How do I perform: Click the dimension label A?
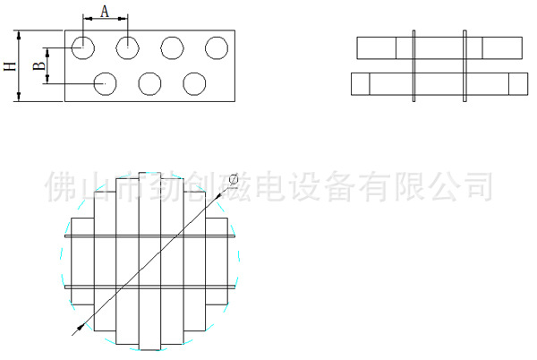pyautogui.click(x=105, y=11)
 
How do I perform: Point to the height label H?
pyautogui.click(x=10, y=66)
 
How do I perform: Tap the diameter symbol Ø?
pyautogui.click(x=234, y=180)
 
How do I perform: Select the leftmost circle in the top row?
pyautogui.click(x=82, y=47)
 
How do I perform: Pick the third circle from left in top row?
pyautogui.click(x=172, y=47)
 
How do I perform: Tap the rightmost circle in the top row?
pyautogui.click(x=217, y=47)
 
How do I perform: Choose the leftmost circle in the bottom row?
pyautogui.click(x=105, y=83)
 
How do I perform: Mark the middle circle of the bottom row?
pyautogui.click(x=149, y=83)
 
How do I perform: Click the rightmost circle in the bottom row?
pyautogui.click(x=194, y=83)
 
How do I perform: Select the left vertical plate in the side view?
pyautogui.click(x=413, y=66)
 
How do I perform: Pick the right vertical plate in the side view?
pyautogui.click(x=465, y=66)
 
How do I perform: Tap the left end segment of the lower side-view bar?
pyautogui.click(x=361, y=83)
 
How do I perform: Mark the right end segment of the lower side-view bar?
pyautogui.click(x=518, y=83)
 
